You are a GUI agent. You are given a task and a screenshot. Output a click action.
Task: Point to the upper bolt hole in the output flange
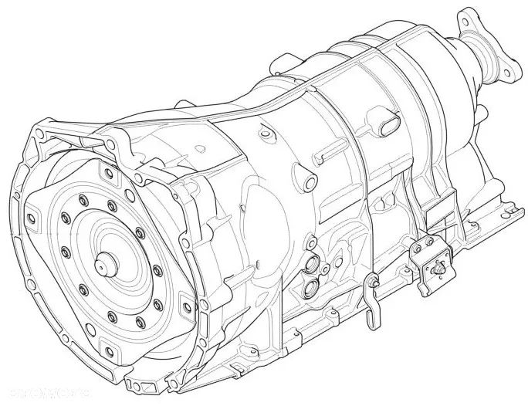(465, 16)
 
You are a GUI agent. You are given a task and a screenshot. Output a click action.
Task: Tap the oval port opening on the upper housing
(388, 123)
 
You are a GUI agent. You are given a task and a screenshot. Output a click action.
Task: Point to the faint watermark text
(31, 395)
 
